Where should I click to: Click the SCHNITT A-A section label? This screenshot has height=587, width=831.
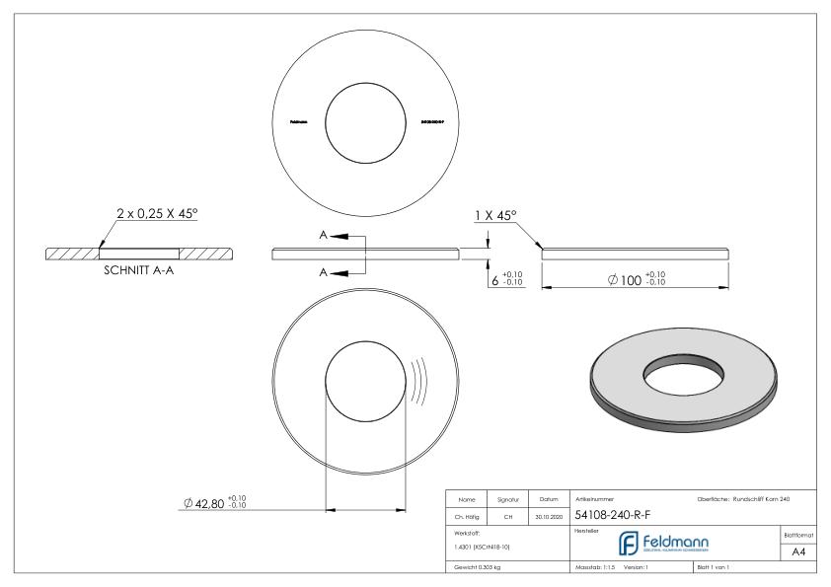click(139, 273)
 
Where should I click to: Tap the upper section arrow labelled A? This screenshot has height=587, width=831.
click(337, 237)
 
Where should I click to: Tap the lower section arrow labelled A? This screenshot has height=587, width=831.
click(337, 273)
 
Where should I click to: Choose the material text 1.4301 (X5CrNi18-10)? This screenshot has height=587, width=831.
click(485, 546)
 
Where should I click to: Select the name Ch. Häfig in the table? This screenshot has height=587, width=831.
click(466, 514)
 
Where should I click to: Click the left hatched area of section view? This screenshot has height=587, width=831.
click(73, 254)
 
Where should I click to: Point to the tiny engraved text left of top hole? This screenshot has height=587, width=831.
click(298, 122)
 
